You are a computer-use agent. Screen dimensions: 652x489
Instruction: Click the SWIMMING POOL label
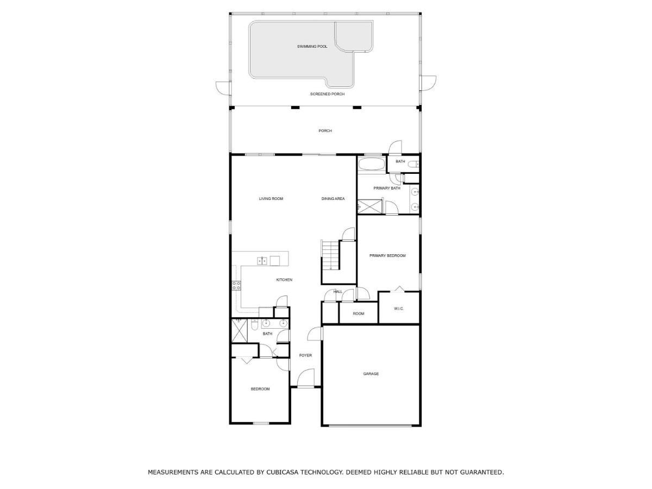(x=312, y=47)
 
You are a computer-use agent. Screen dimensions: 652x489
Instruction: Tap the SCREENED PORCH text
(x=327, y=94)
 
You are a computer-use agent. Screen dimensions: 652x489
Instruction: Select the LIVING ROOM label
(x=271, y=199)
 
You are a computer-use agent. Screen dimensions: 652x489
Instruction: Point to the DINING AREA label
(x=333, y=199)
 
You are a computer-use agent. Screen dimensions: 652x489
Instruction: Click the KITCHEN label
(x=284, y=280)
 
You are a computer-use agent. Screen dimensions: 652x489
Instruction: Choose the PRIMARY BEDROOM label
(x=387, y=255)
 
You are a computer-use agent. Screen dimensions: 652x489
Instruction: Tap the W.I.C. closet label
(x=399, y=309)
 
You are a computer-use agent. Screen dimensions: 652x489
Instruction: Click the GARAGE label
(x=371, y=374)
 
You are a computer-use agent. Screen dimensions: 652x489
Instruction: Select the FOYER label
(x=305, y=355)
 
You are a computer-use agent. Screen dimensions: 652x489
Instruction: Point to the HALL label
(x=338, y=292)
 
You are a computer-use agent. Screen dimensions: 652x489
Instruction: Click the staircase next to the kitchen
(x=330, y=255)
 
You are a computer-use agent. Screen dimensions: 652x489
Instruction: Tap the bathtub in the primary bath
(x=371, y=164)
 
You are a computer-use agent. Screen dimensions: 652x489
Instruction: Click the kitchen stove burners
(x=236, y=286)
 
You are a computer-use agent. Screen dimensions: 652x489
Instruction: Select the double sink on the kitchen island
(x=262, y=261)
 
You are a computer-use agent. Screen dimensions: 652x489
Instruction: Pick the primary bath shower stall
(x=369, y=206)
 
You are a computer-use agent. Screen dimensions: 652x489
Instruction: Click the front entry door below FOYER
(x=306, y=378)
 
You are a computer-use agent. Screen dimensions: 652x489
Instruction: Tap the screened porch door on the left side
(x=223, y=89)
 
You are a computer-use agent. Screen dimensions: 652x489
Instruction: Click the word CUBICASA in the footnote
(x=283, y=472)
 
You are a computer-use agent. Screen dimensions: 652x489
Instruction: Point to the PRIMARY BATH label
(x=387, y=188)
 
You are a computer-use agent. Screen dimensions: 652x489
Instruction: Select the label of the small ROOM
(x=359, y=314)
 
